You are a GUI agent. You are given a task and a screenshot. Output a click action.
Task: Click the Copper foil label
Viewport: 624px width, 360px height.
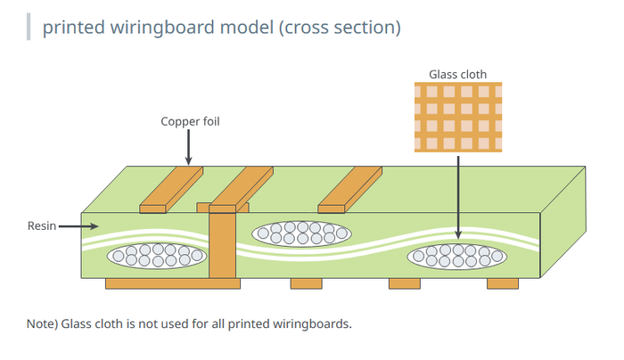[x=190, y=121]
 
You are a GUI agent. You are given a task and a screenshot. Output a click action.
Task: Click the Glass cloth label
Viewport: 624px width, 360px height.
[x=457, y=73]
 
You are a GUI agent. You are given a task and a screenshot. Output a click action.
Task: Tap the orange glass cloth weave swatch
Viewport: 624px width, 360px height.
[x=458, y=116]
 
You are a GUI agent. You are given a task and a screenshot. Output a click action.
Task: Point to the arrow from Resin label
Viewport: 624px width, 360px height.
[x=78, y=226]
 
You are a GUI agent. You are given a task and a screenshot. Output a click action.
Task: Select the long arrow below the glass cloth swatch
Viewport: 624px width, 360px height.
[x=458, y=196]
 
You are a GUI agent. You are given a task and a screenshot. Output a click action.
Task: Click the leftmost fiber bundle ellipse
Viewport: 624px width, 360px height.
[x=157, y=257]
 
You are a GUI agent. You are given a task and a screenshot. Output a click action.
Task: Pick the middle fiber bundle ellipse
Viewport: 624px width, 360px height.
[x=301, y=233]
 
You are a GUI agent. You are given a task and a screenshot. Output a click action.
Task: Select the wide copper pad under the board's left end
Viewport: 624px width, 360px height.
[x=173, y=283]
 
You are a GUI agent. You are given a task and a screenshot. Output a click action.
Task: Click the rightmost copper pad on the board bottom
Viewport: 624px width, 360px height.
[x=502, y=283]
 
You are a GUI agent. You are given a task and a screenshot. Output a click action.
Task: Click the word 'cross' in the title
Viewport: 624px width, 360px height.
[x=313, y=28]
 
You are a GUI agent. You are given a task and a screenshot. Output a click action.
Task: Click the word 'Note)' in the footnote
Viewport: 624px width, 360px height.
[x=43, y=323]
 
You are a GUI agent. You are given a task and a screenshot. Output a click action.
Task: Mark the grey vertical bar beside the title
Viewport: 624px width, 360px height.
[x=29, y=27]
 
